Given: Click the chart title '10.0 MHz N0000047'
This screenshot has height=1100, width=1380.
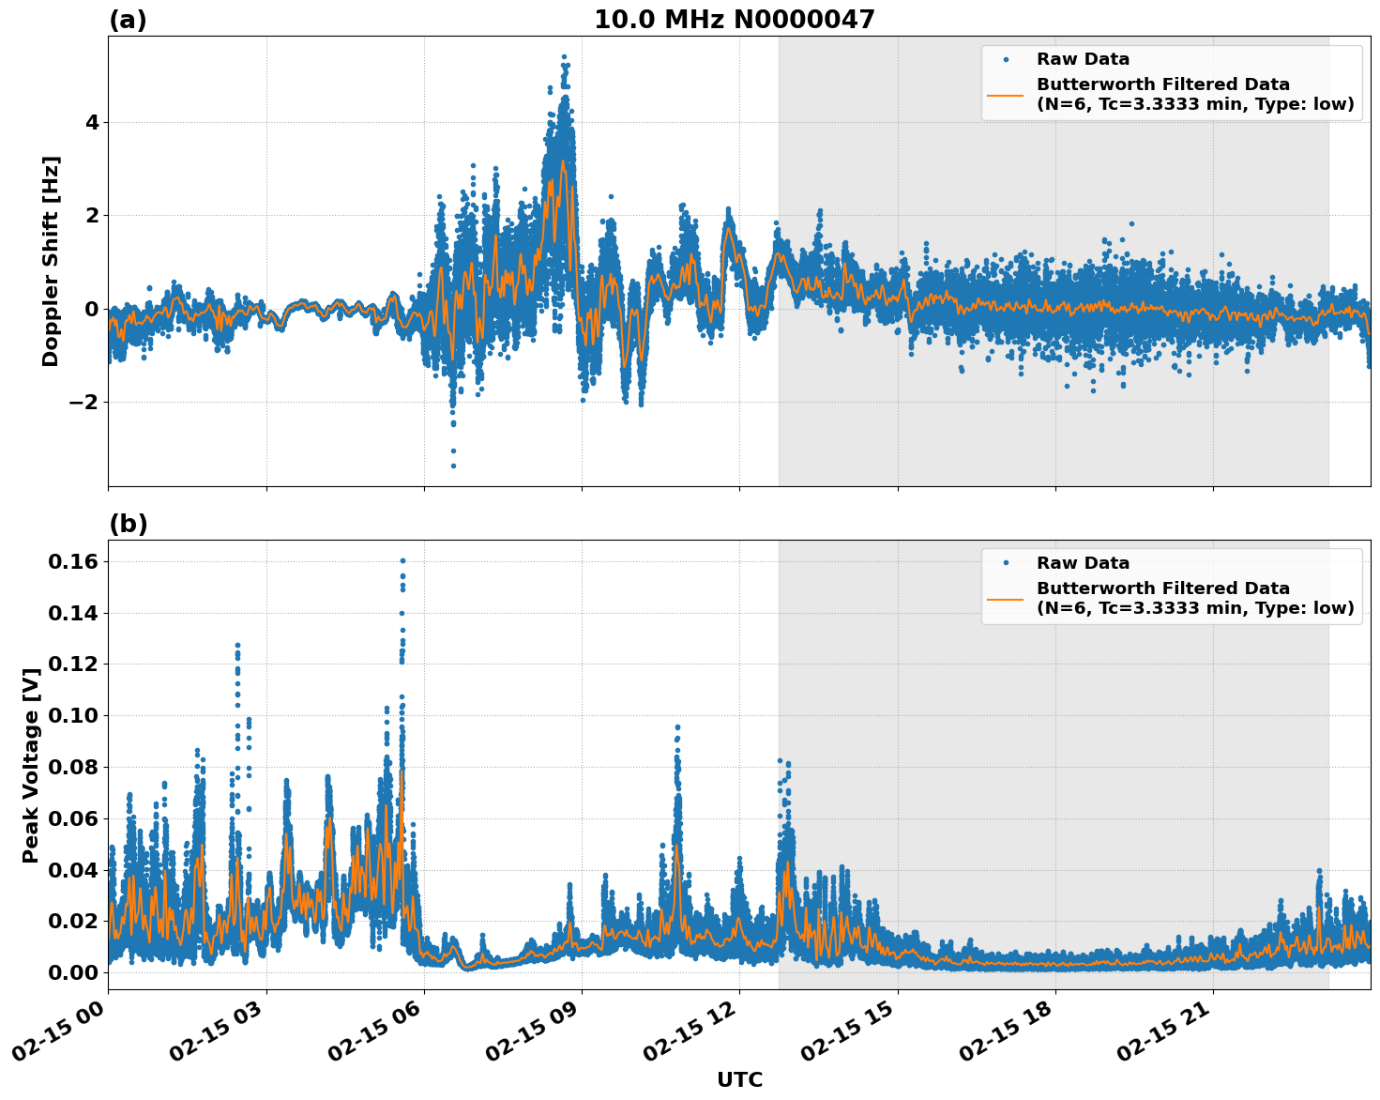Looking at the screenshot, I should [734, 20].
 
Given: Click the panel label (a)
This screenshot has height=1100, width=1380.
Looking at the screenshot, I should [128, 20].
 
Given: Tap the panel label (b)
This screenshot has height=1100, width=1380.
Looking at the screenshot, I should [128, 524].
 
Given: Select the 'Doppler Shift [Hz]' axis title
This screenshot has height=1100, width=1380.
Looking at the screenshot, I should [51, 261].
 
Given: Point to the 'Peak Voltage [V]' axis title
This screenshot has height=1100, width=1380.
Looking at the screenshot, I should [31, 765].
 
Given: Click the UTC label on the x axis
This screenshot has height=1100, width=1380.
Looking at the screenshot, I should [739, 1079].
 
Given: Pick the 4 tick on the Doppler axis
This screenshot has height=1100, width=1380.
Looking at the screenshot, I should [91, 122].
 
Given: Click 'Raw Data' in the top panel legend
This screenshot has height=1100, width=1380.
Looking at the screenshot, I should [1083, 59].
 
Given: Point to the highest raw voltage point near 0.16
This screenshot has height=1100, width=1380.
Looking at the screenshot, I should [402, 561].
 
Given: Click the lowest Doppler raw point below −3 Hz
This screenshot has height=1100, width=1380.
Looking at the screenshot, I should [453, 466].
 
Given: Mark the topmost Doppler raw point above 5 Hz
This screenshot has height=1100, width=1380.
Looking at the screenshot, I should [564, 57].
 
